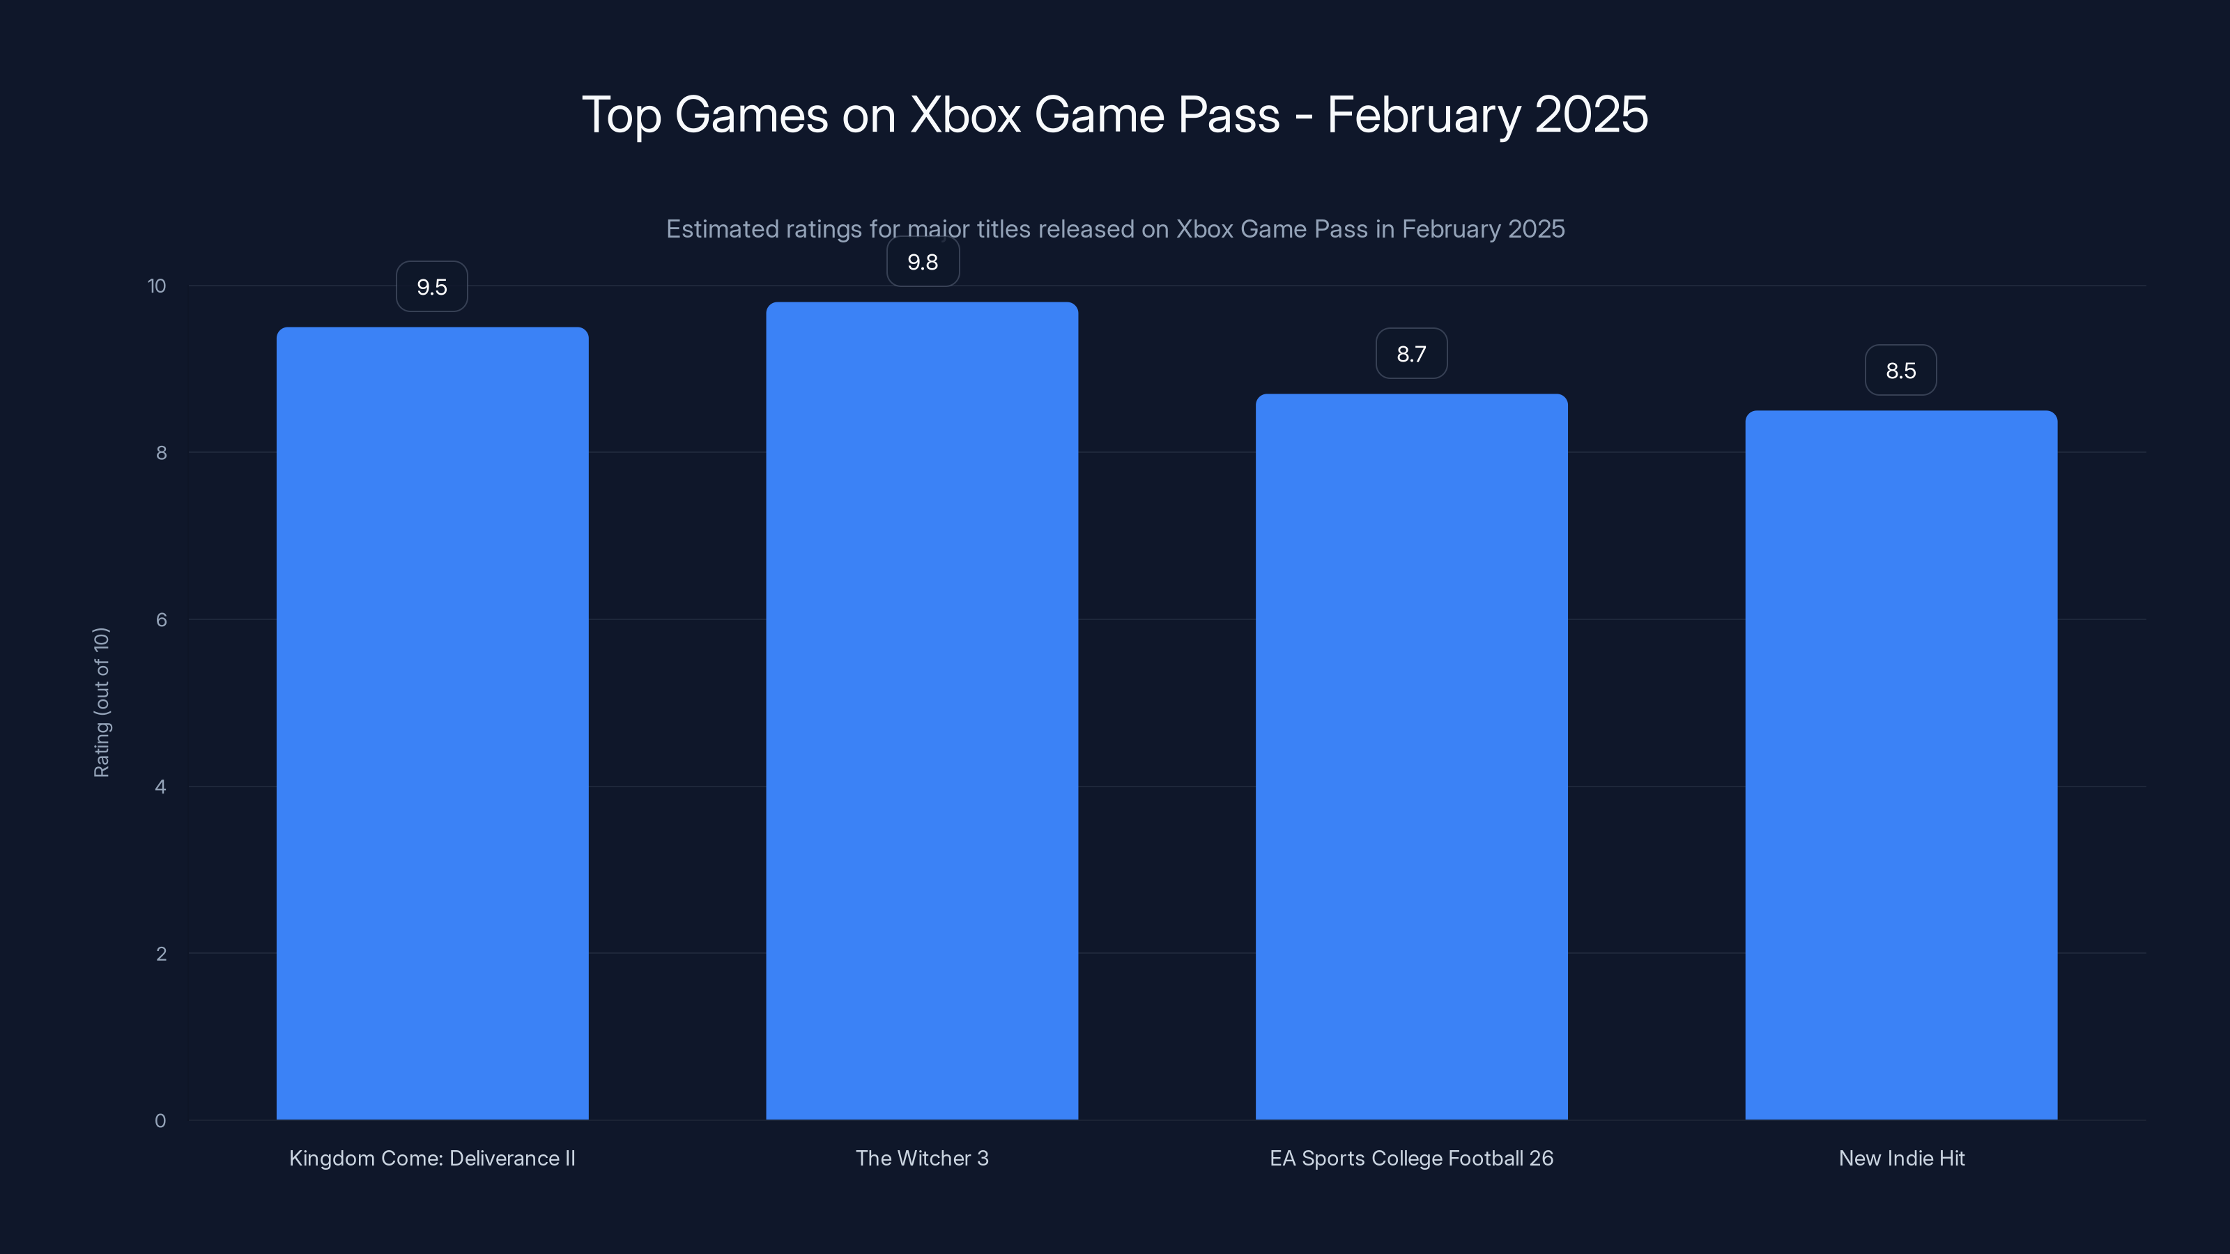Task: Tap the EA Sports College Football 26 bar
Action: coord(1411,757)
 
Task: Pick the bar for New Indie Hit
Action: coord(1901,765)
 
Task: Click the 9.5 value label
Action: coord(432,287)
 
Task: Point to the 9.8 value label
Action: coord(923,262)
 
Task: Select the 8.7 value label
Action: coord(1411,354)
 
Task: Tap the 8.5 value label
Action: coord(1901,371)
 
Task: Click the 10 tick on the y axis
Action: coord(157,286)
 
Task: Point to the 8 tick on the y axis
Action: coord(161,453)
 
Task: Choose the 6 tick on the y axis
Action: coord(161,619)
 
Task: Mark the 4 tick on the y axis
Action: coord(161,787)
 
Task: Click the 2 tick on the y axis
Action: coord(161,954)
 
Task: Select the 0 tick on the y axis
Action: coord(160,1121)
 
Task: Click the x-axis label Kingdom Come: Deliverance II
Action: coord(432,1158)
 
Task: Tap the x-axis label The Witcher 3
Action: coord(922,1158)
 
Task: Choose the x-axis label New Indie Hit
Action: coord(1901,1158)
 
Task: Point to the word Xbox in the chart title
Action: coord(965,115)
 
